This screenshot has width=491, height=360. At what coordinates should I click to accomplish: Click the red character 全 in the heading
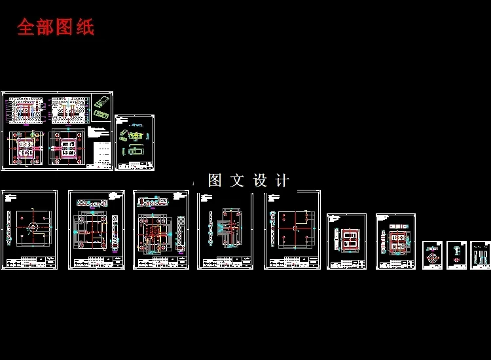tap(26, 27)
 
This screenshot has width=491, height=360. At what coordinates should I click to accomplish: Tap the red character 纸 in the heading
tap(85, 27)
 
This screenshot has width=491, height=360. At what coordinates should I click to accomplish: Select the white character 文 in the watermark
tap(237, 181)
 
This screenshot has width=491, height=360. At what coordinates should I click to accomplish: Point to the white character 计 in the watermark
tap(282, 181)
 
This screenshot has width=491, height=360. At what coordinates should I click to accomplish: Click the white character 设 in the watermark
tap(259, 181)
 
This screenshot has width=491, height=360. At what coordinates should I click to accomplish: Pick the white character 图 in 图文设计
tap(215, 181)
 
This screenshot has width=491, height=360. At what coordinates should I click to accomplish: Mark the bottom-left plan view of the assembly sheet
tap(25, 148)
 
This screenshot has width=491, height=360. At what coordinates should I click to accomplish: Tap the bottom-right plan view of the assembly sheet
tap(67, 148)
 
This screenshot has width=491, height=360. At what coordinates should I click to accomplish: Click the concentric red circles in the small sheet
tap(431, 259)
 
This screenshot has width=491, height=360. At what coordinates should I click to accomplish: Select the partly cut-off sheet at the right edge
tap(481, 254)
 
